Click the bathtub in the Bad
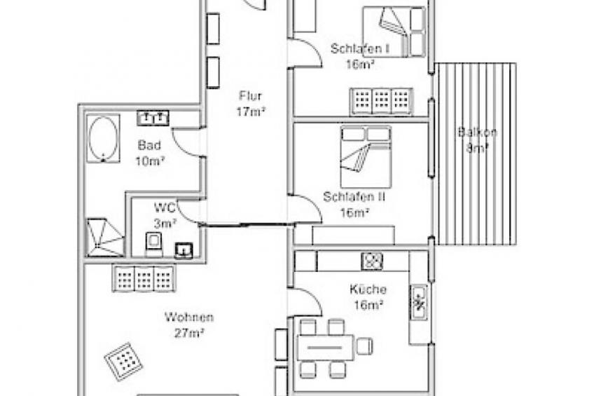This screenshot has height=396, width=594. point(103,138)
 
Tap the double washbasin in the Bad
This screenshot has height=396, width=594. point(153,118)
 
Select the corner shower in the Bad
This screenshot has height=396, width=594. point(105,237)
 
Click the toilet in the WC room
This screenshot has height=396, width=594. point(154,245)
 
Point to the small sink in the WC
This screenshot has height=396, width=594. point(184,250)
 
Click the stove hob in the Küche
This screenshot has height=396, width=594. point(372,261)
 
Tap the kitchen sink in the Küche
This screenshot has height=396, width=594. point(419,302)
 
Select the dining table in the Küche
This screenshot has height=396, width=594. point(326,347)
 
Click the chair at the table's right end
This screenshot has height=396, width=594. point(364,346)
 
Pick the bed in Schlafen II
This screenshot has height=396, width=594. point(366,157)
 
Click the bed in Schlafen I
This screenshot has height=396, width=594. point(394,32)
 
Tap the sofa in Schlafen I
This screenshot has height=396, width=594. point(382,101)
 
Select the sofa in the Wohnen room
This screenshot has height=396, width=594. point(144,278)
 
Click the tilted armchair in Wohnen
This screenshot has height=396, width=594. point(123,361)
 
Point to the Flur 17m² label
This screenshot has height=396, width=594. point(250,104)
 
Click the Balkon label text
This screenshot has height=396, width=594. point(477,132)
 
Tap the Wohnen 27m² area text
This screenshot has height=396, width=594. point(189,325)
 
